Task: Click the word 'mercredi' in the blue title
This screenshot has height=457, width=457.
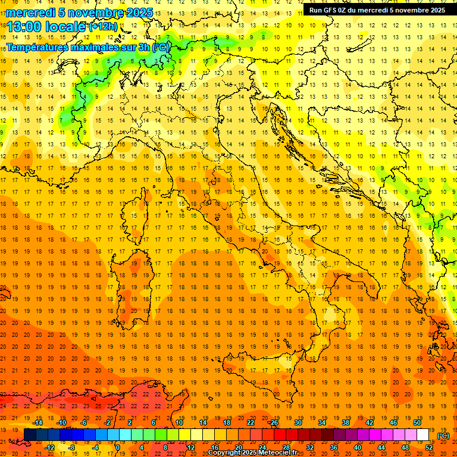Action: point(30,12)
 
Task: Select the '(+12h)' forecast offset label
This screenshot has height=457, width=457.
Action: point(103,27)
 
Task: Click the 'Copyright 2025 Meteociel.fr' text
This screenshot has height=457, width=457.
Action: point(252,452)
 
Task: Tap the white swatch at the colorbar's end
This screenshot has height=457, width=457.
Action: point(422,434)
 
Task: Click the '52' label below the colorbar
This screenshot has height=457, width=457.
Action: point(430,447)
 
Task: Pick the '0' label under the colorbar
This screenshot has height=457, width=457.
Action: point(118,447)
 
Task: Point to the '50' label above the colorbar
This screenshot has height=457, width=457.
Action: point(417,422)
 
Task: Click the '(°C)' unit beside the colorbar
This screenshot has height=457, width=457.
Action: point(443,435)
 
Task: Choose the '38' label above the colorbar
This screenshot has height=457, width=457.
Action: point(346,422)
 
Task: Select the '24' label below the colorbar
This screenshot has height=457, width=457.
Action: point(262,447)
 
